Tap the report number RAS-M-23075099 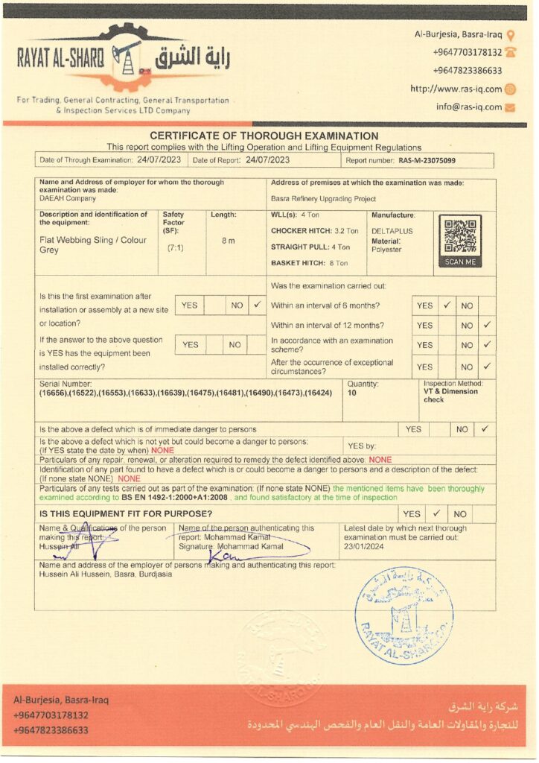pyautogui.click(x=427, y=160)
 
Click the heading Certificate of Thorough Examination pyautogui.click(x=264, y=136)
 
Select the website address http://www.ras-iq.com pyautogui.click(x=456, y=89)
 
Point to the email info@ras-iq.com pyautogui.click(x=469, y=107)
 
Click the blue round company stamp pyautogui.click(x=404, y=615)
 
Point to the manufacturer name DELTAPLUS pyautogui.click(x=392, y=232)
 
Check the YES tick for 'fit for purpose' pyautogui.click(x=437, y=513)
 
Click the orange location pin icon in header pyautogui.click(x=510, y=34)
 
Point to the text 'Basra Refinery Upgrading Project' pyautogui.click(x=323, y=199)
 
